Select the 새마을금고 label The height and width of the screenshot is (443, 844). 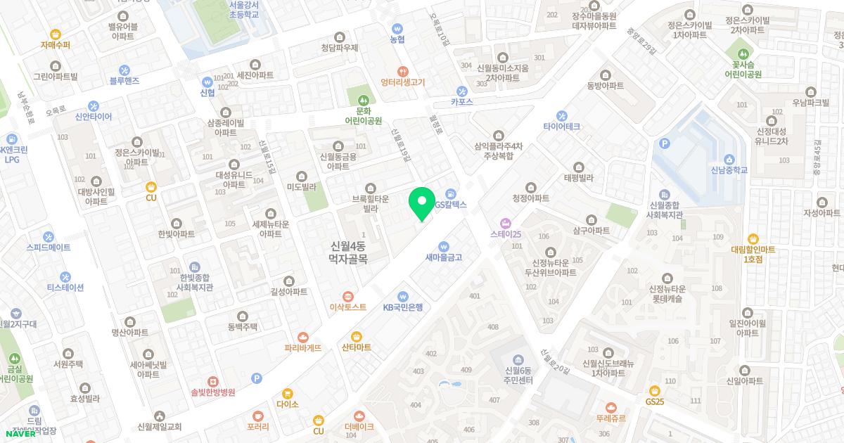tap(443, 257)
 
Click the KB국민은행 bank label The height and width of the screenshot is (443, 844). tap(402, 307)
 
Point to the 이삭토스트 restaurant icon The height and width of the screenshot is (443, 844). tap(347, 296)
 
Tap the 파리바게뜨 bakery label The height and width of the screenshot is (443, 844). tap(302, 347)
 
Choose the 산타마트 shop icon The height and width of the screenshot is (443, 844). tap(356, 336)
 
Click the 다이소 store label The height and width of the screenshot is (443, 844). tap(288, 404)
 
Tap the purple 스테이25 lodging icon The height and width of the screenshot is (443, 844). tap(505, 223)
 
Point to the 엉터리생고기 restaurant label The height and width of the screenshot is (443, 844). tap(403, 82)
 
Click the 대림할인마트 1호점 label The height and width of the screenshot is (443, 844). tap(753, 254)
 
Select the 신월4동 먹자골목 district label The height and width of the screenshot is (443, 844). tap(349, 253)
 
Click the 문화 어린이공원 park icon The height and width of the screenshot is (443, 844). tap(363, 99)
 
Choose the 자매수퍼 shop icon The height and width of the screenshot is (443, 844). tap(56, 34)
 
